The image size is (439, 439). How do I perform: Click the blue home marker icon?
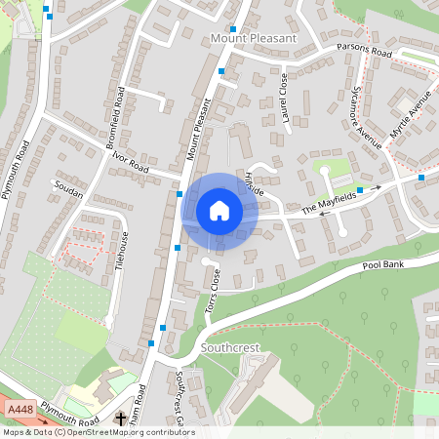[x=219, y=211]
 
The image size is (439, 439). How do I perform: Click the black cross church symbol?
[x=121, y=418]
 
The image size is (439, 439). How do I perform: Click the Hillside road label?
[x=255, y=181]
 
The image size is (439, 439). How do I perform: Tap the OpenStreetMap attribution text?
[x=99, y=432]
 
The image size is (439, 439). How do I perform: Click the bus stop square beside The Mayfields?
[x=360, y=189]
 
